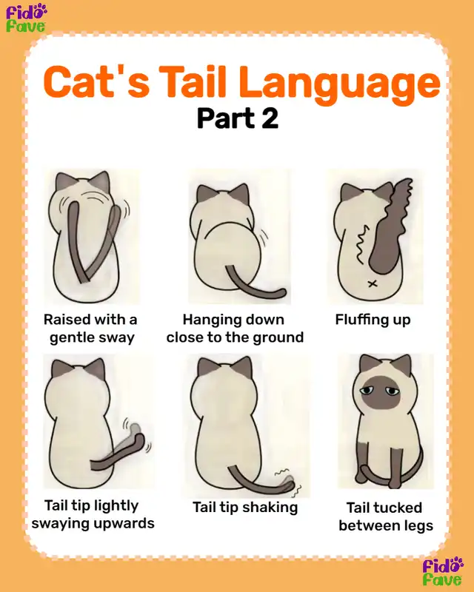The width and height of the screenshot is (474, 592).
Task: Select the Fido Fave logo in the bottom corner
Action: [443, 571]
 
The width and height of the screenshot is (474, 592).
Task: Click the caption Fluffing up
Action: [373, 320]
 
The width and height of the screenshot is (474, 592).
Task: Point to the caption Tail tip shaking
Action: [245, 507]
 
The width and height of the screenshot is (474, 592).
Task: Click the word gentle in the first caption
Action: [70, 337]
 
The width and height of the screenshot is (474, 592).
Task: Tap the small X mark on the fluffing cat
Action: [373, 283]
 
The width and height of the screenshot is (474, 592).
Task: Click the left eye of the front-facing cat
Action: [367, 391]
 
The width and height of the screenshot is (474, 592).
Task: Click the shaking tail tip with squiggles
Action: [288, 483]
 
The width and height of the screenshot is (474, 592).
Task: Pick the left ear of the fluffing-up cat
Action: [349, 192]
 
